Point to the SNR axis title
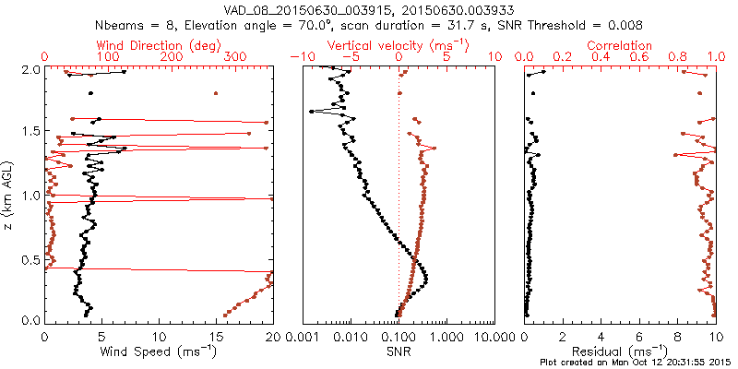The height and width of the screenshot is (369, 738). pos(399,351)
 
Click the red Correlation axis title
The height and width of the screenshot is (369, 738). pos(619,45)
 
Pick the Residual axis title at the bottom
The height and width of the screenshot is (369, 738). pos(618,351)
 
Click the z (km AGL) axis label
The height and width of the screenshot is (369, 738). pos(8,195)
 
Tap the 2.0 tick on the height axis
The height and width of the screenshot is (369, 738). pos(30,69)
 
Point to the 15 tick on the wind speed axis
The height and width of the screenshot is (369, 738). pos(216,335)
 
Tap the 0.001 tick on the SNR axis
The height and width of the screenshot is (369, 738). pos(303,335)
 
